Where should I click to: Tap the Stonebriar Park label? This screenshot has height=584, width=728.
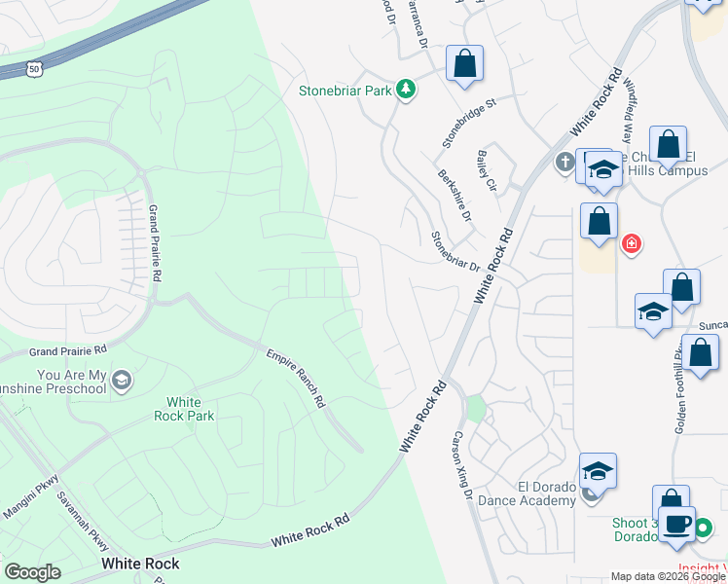[345, 91]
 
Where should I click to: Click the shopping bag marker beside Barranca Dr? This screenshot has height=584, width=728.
[465, 64]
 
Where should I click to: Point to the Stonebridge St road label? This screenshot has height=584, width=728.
[469, 122]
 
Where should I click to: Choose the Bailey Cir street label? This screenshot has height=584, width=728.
[488, 169]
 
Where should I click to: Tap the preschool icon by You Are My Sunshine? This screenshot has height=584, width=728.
[122, 379]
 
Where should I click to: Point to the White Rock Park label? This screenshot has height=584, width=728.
[184, 409]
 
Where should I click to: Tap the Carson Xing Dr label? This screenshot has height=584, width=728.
[462, 465]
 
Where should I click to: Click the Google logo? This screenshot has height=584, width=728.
[33, 572]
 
